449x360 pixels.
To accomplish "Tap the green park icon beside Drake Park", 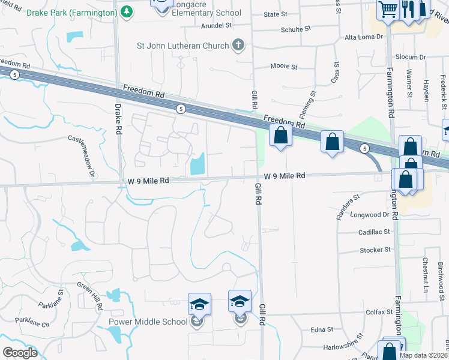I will [x=127, y=11].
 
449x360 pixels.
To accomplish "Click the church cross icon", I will [x=238, y=45].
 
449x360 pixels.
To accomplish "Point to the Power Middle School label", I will [x=148, y=322].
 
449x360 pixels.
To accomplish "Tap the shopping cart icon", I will [x=387, y=9].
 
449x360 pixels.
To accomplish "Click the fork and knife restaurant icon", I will [x=408, y=9].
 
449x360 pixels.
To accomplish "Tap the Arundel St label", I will [x=216, y=25].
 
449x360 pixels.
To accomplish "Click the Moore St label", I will [x=284, y=66].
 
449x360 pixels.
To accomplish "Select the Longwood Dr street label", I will [x=370, y=214].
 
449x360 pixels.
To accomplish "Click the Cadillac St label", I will [x=375, y=232].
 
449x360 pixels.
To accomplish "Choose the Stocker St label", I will [x=375, y=250].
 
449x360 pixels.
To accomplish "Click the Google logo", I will [x=20, y=353].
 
